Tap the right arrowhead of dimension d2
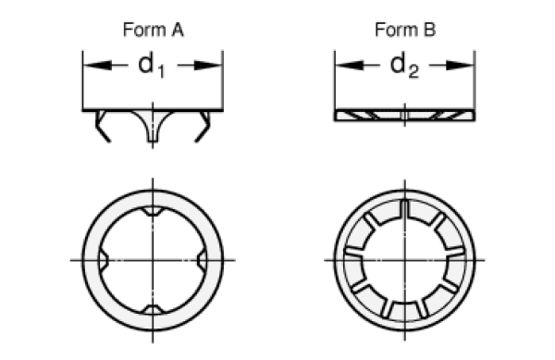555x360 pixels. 470,66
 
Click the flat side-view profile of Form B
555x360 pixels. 404,115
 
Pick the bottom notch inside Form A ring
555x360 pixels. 153,306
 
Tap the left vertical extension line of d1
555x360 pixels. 82,88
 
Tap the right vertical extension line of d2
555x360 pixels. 475,88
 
